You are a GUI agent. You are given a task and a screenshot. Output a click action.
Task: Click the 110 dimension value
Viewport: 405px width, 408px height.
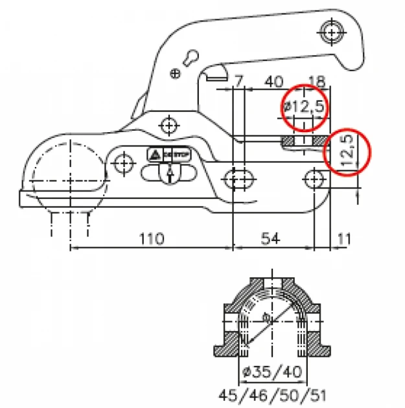[151, 238]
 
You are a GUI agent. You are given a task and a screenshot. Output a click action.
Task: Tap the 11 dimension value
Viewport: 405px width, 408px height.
[343, 238]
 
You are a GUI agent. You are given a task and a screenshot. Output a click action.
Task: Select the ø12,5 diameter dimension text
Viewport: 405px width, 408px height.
[303, 106]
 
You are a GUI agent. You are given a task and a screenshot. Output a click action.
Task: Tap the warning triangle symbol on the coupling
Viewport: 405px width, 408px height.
[156, 155]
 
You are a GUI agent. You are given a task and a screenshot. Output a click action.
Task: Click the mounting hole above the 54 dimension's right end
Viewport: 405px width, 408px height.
[315, 177]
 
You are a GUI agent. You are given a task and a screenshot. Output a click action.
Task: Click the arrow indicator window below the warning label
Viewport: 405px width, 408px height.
[169, 174]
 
